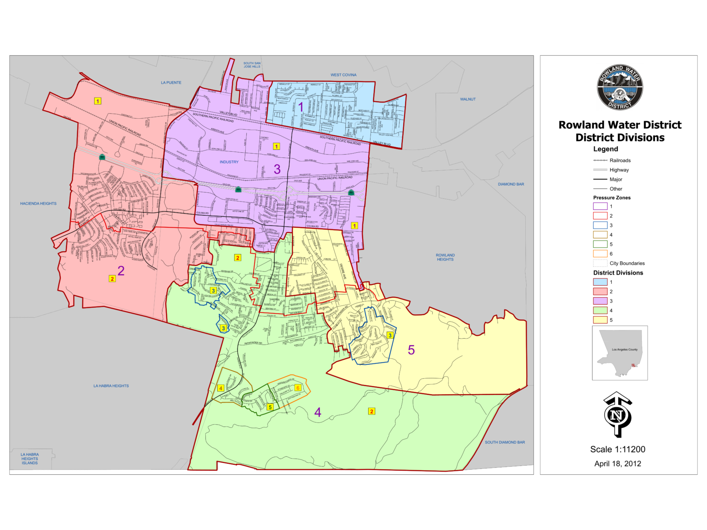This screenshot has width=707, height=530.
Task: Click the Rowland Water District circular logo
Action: click(620, 87)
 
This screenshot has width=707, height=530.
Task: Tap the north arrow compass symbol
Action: click(617, 415)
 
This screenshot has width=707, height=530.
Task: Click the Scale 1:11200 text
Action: click(618, 449)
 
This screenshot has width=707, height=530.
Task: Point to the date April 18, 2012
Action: click(618, 464)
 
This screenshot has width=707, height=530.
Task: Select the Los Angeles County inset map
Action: click(620, 353)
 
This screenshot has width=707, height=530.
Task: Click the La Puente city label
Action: click(171, 83)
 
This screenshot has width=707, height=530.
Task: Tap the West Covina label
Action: click(343, 75)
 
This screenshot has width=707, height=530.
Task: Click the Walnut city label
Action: click(468, 99)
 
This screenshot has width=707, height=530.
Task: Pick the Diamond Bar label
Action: click(511, 184)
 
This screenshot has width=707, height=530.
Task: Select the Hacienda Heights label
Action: click(38, 203)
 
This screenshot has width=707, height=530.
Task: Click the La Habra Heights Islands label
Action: click(29, 459)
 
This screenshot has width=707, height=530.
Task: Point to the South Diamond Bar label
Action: click(504, 443)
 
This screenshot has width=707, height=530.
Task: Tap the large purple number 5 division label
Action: click(411, 350)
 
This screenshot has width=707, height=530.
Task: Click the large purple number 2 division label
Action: click(121, 271)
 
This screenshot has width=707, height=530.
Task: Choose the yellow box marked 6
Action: click(298, 388)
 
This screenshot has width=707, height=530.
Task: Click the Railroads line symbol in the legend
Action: click(600, 161)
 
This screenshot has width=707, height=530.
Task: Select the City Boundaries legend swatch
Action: click(600, 263)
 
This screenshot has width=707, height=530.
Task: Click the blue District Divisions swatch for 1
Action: click(600, 282)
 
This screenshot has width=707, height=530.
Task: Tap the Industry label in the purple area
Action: click(229, 162)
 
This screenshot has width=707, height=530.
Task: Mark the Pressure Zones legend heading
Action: click(612, 198)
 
